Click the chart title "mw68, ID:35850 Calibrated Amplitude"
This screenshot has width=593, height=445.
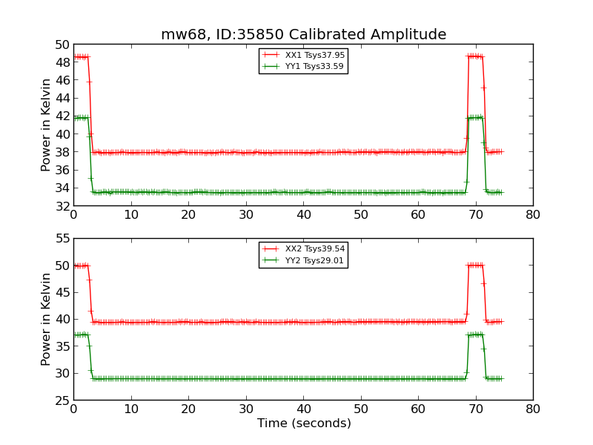[x=303, y=35]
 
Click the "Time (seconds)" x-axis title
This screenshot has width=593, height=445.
[x=304, y=423]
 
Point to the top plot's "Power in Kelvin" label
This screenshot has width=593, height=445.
[x=47, y=125]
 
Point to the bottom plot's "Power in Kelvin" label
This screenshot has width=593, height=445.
[x=47, y=319]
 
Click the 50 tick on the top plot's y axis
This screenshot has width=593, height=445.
[x=61, y=44]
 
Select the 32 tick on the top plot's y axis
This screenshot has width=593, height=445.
[x=61, y=205]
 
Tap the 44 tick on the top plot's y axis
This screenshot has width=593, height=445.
[x=61, y=98]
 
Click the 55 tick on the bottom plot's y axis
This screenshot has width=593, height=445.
[x=61, y=239]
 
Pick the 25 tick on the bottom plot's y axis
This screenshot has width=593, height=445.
[x=61, y=400]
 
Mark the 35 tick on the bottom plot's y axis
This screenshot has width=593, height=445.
[x=61, y=346]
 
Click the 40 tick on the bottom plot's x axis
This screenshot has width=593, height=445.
[x=303, y=409]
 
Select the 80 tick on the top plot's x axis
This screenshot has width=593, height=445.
[x=533, y=214]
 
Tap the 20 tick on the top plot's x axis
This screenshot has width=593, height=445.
[x=188, y=214]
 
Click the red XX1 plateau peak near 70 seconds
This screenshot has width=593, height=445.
[x=475, y=56]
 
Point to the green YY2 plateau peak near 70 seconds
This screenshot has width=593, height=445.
[x=475, y=334]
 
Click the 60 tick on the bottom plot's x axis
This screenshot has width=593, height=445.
[x=418, y=409]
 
